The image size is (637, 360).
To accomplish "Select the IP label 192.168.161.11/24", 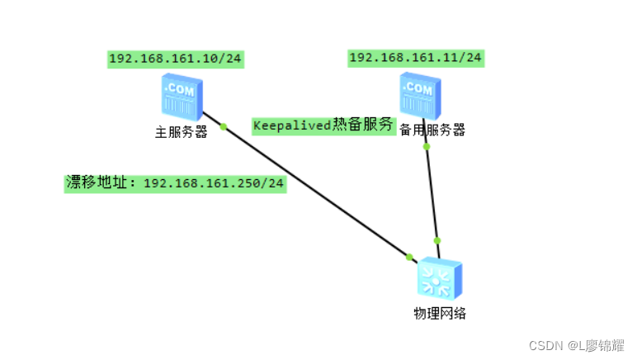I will tap(416, 57).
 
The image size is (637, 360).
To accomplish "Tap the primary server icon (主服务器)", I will tap(182, 98).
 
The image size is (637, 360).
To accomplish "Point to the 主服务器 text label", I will tap(181, 131).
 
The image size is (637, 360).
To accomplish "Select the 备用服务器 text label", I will tap(432, 130).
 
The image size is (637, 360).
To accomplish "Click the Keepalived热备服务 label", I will tap(323, 126).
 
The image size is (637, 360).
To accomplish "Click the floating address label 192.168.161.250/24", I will tap(175, 183).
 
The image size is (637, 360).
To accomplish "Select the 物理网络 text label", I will tap(439, 314).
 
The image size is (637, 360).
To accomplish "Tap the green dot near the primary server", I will tap(223, 126).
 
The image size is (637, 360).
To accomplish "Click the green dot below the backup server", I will tap(427, 146).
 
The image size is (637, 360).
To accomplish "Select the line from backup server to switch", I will tap(432, 194).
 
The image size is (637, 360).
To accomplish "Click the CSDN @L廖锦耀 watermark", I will tap(576, 346).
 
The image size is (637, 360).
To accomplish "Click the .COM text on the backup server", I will tap(418, 87).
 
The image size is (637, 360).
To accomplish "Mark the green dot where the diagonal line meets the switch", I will tap(409, 257).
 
